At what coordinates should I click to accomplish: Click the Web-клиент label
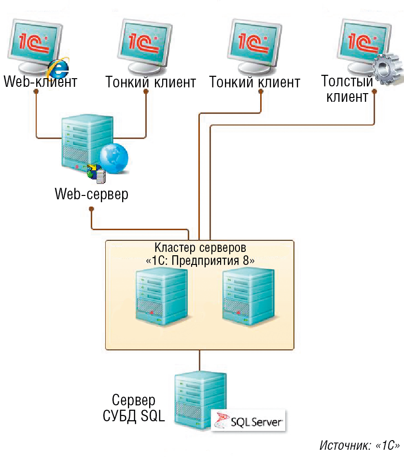tap(41, 81)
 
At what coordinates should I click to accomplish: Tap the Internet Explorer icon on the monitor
tap(59, 68)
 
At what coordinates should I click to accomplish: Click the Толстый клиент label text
tap(348, 89)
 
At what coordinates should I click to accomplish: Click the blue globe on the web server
tap(114, 157)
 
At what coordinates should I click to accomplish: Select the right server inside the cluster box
tap(248, 296)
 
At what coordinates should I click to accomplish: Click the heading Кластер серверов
tap(199, 248)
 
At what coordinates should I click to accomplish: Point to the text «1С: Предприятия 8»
tap(200, 260)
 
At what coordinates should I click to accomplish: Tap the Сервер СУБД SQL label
tap(134, 408)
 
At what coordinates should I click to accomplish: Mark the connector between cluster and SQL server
tap(199, 359)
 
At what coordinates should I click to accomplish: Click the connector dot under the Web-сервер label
tap(92, 209)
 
